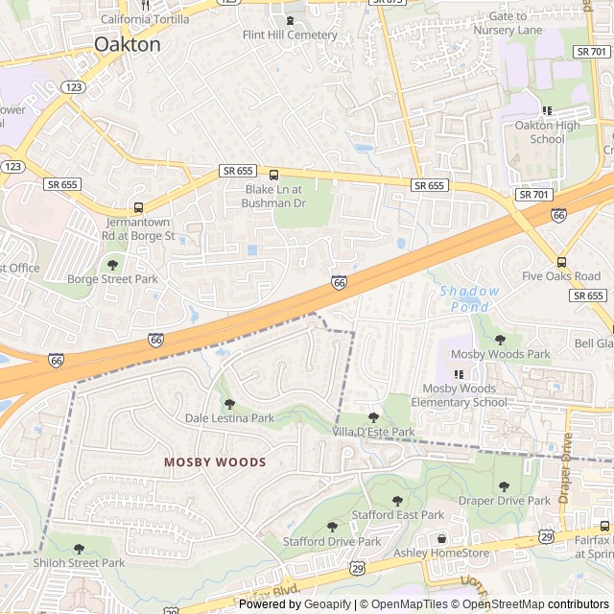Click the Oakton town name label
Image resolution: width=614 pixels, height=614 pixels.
[x=128, y=44]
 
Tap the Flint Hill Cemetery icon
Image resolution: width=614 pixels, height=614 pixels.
[x=289, y=21]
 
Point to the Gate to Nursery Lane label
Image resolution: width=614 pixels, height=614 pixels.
[x=508, y=23]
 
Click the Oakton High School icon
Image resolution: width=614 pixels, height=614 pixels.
[x=547, y=110]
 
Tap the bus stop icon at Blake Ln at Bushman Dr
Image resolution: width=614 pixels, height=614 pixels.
[x=273, y=175]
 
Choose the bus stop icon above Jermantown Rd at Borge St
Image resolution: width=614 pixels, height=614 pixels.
[x=138, y=207]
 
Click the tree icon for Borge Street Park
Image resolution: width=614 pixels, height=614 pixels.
[x=112, y=264]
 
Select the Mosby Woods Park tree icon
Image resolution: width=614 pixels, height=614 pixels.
[x=500, y=339]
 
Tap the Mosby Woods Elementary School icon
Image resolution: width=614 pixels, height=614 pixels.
[x=456, y=374]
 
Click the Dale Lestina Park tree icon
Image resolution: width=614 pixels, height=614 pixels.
[x=229, y=403]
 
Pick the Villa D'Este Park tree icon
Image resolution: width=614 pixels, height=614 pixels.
[x=373, y=417]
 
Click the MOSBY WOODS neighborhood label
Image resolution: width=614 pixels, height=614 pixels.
[x=214, y=461]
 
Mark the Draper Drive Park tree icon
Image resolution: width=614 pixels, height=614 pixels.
[x=504, y=485]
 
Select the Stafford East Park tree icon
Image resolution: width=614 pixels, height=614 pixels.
[x=397, y=500]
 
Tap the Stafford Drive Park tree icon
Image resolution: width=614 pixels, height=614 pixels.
[x=332, y=527]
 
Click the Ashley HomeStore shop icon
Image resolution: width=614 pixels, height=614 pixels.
[x=440, y=540]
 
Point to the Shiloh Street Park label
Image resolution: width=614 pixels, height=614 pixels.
[x=79, y=562]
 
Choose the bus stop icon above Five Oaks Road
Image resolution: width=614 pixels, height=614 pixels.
[x=561, y=262]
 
